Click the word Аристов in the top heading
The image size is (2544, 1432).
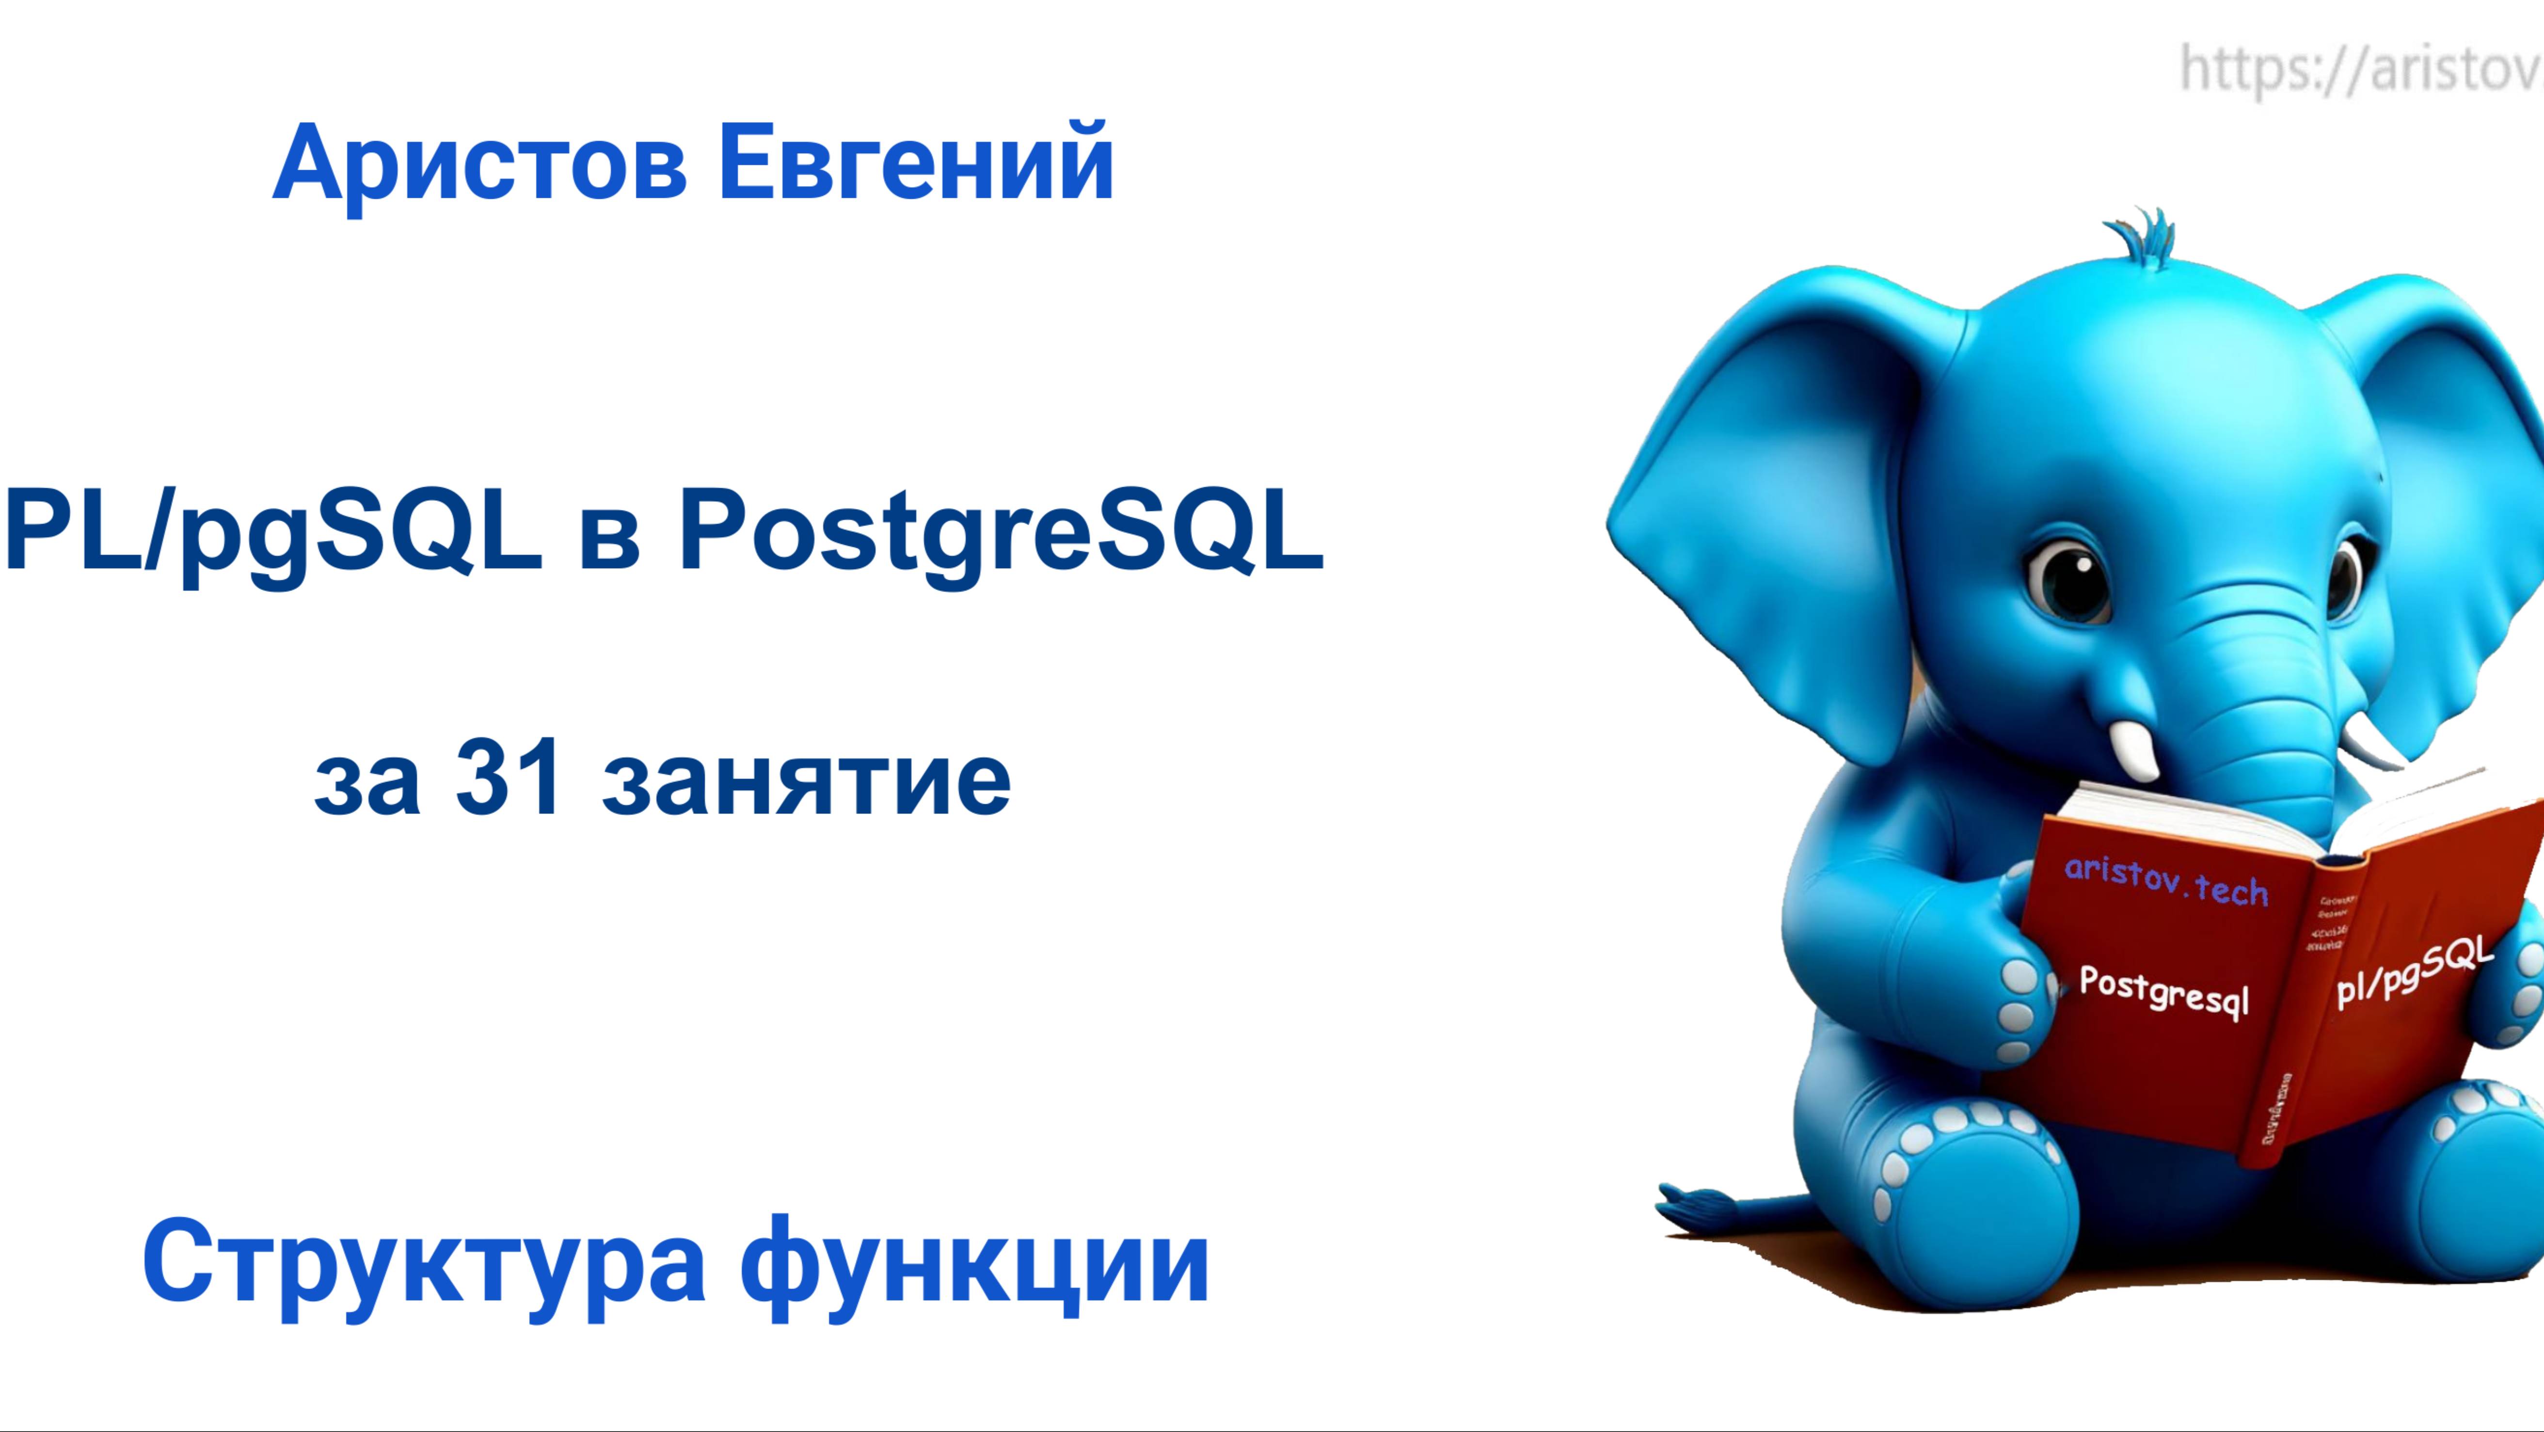pyautogui.click(x=479, y=163)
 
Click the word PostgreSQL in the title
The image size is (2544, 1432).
pyautogui.click(x=1000, y=533)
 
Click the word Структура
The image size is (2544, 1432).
pyautogui.click(x=425, y=1264)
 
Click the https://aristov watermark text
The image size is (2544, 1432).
pyautogui.click(x=2360, y=69)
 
